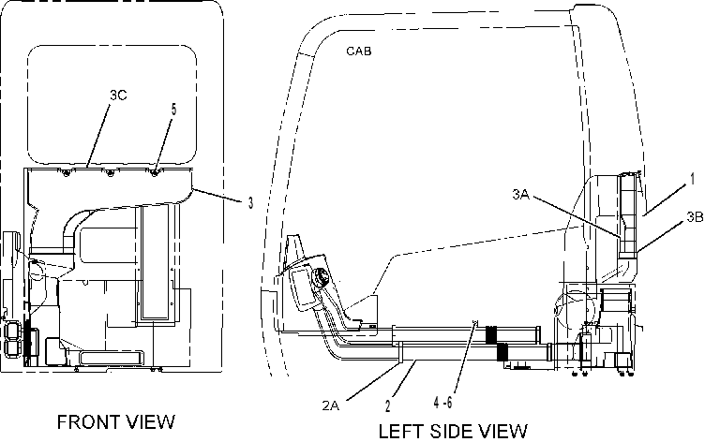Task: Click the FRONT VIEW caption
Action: coord(116,421)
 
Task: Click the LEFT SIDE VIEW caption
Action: coord(452,431)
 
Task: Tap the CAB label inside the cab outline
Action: coord(359,51)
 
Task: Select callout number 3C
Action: coord(118,96)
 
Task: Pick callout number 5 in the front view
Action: coord(173,110)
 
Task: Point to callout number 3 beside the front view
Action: coord(250,203)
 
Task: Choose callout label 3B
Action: coord(695,217)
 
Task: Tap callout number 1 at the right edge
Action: coord(693,179)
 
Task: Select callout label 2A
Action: coord(330,405)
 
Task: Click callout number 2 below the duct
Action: coord(388,406)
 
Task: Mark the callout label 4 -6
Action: coord(442,403)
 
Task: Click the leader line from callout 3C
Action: coord(97,135)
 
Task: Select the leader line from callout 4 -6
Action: coord(464,358)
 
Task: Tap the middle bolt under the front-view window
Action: coord(110,173)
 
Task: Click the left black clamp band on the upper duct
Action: coord(490,334)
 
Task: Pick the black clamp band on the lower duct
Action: coord(502,352)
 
